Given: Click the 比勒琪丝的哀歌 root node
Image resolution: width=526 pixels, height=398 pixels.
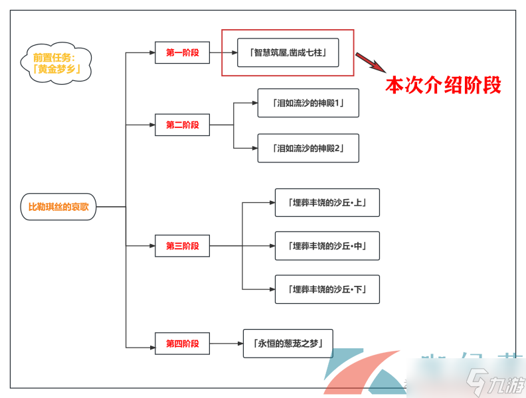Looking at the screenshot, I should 58,207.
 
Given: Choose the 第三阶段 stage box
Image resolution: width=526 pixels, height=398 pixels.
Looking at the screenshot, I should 182,246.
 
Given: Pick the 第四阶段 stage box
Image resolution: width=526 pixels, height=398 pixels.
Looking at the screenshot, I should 182,344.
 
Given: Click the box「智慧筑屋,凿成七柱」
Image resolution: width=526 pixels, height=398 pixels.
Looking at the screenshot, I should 288,52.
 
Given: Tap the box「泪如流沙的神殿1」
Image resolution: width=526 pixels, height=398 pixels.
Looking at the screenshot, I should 308,103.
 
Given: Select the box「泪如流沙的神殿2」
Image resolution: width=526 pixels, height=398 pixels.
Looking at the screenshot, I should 308,148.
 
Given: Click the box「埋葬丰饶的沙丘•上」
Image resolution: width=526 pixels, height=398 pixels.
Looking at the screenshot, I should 327,202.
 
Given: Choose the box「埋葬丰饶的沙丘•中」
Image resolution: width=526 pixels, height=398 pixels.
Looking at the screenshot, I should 327,246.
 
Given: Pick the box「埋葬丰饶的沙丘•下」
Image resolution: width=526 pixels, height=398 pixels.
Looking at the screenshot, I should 327,289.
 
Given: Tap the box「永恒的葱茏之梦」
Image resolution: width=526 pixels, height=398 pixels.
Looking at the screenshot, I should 288,344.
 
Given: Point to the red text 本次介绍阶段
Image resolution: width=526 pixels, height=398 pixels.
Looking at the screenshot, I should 443,86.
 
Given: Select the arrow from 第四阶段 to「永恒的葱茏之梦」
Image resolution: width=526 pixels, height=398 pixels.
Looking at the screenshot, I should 226,344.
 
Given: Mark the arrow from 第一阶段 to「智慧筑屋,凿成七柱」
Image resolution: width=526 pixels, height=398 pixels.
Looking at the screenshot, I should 223,52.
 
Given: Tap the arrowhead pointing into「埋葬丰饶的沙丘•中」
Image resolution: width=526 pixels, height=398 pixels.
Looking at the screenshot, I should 271,246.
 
